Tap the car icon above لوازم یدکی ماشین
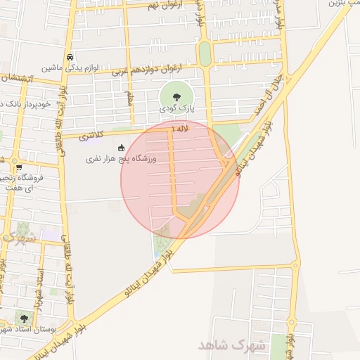coord(69,57)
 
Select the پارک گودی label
coord(175,108)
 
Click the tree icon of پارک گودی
coord(175,97)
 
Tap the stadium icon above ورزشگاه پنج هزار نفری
coord(121,148)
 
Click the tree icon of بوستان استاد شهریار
coord(24,319)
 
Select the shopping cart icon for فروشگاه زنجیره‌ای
coord(18,167)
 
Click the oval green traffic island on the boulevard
coord(205,53)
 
